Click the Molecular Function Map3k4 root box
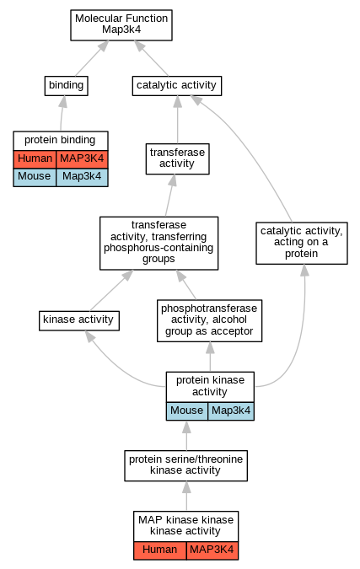[x=121, y=25]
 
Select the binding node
[x=67, y=86]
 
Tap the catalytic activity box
[x=177, y=86]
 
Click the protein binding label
[x=60, y=140]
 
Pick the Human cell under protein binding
[x=35, y=159]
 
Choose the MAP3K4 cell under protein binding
[x=82, y=159]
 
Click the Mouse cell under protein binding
[x=35, y=177]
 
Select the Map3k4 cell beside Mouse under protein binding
[x=82, y=177]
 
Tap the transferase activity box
[x=177, y=159]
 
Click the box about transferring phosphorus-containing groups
[x=159, y=243]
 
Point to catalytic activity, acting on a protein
[x=302, y=243]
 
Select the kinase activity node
[x=79, y=321]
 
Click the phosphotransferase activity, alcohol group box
[x=209, y=321]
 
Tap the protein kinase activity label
[x=210, y=386]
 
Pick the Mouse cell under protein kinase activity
[x=187, y=411]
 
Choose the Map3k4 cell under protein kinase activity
[x=231, y=411]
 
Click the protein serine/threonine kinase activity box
[x=185, y=465]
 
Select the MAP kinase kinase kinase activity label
[x=185, y=525]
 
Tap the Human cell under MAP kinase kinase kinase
[x=160, y=550]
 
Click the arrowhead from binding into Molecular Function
[x=103, y=46]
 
